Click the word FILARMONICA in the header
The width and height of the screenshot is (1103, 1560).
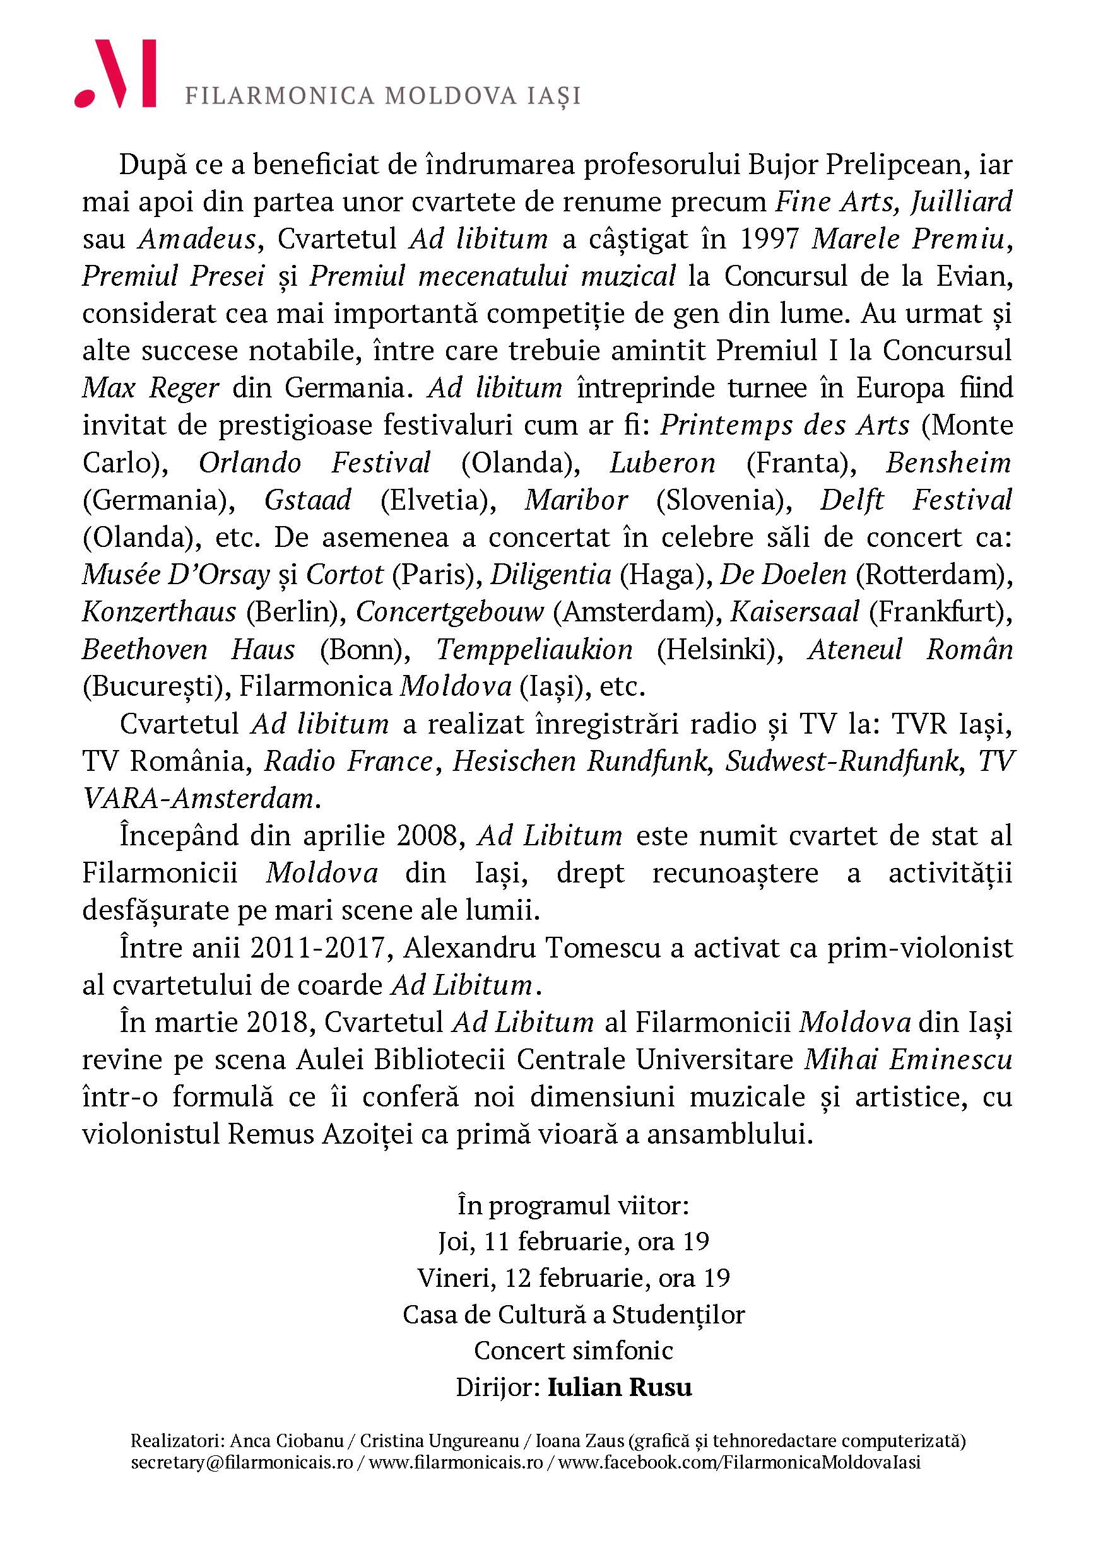click(280, 96)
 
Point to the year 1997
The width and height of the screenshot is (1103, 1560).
click(769, 239)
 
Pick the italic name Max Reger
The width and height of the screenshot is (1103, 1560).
click(150, 388)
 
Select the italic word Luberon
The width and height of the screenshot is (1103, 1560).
click(663, 462)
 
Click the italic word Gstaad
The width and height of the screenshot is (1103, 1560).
click(308, 500)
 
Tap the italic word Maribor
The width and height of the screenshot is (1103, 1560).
click(576, 500)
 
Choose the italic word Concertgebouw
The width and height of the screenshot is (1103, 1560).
click(450, 612)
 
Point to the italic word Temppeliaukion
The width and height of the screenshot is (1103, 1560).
click(534, 650)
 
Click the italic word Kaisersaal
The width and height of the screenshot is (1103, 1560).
click(795, 612)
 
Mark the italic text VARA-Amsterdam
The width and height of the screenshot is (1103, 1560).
click(198, 799)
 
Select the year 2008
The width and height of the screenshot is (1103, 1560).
click(431, 836)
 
